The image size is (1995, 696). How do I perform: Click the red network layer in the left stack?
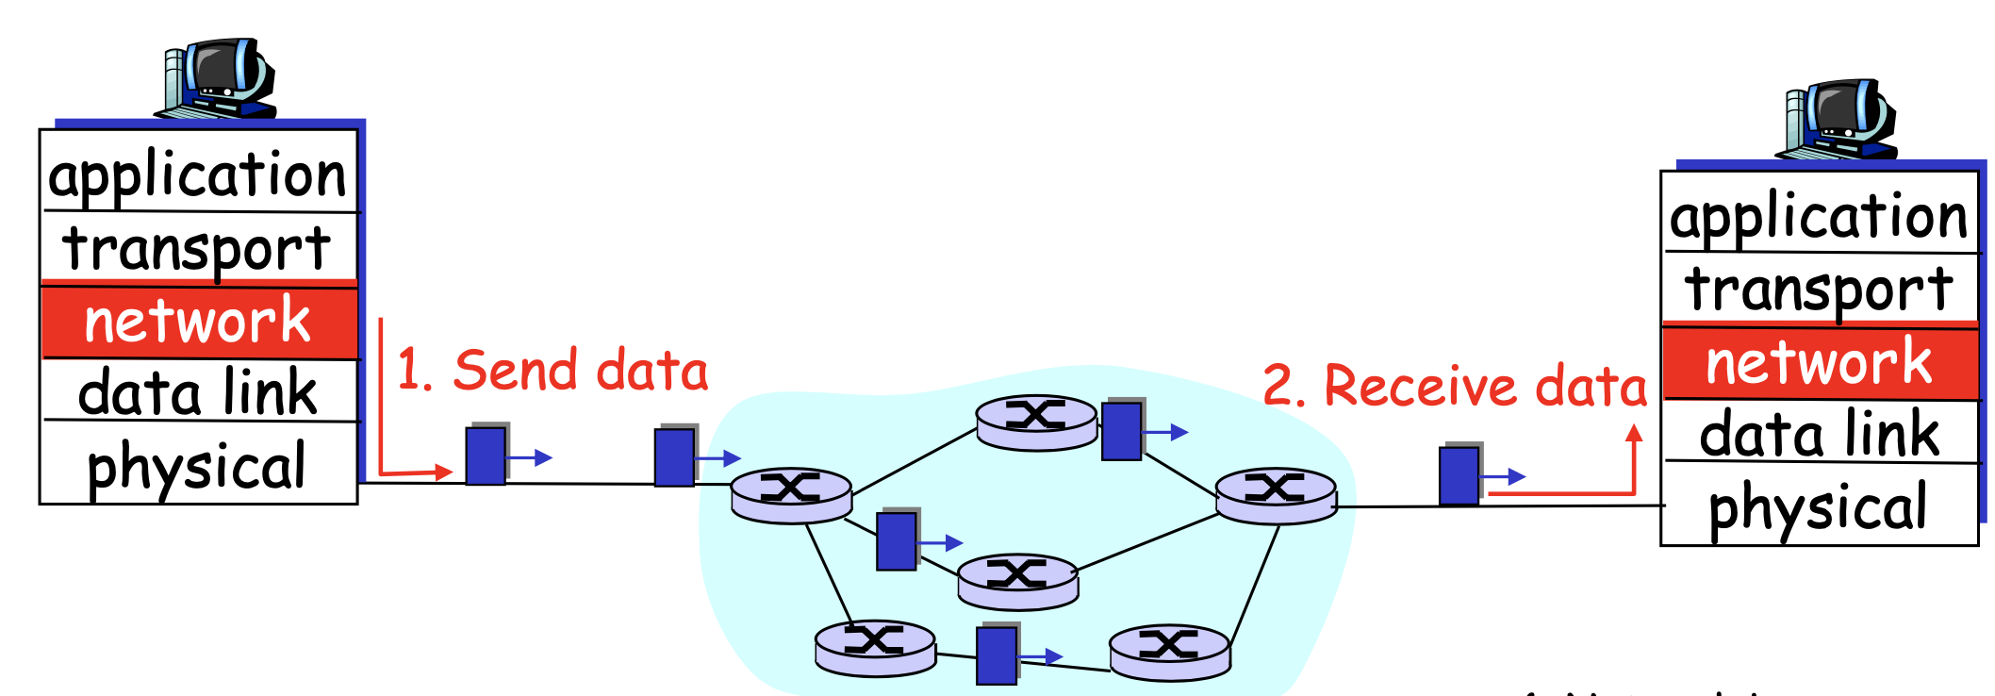pyautogui.click(x=198, y=321)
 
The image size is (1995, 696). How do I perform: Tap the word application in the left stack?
pyautogui.click(x=198, y=175)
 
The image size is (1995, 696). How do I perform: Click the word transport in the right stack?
pyautogui.click(x=1819, y=289)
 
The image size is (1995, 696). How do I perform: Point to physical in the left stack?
pyautogui.click(x=198, y=466)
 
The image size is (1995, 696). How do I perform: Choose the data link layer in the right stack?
pyautogui.click(x=1819, y=434)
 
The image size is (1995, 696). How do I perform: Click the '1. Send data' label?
pyautogui.click(x=552, y=370)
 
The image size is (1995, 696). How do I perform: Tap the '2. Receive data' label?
pyautogui.click(x=1454, y=386)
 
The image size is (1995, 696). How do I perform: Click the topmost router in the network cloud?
pyautogui.click(x=1036, y=422)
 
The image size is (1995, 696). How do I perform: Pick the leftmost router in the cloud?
pyautogui.click(x=791, y=495)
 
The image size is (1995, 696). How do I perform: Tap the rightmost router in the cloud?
pyautogui.click(x=1276, y=495)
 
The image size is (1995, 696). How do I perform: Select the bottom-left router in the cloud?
pyautogui.click(x=875, y=647)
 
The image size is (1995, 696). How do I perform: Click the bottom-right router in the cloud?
pyautogui.click(x=1169, y=651)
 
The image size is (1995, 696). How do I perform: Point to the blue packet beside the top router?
pyautogui.click(x=1122, y=431)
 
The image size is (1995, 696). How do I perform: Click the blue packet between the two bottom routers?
pyautogui.click(x=997, y=655)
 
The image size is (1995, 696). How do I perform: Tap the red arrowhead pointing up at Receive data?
pyautogui.click(x=1634, y=434)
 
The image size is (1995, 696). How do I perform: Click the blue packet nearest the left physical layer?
pyautogui.click(x=486, y=456)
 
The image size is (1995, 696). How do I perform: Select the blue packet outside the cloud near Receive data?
pyautogui.click(x=1459, y=475)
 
